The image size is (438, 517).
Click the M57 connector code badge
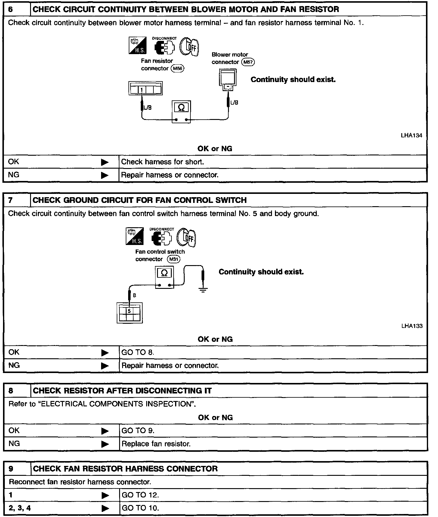pyautogui.click(x=248, y=62)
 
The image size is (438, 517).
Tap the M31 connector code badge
pyautogui.click(x=174, y=259)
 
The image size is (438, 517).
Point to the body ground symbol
pyautogui.click(x=203, y=290)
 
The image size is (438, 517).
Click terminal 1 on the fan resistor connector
pyautogui.click(x=141, y=89)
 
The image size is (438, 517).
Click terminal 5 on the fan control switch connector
pyautogui.click(x=129, y=311)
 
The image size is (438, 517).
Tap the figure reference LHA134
pyautogui.click(x=411, y=136)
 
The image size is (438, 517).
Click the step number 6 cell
pyautogui.click(x=17, y=9)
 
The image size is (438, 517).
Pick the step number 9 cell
pyautogui.click(x=17, y=469)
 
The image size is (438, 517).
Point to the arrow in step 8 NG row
pyautogui.click(x=105, y=444)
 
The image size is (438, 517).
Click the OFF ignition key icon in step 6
pyautogui.click(x=190, y=47)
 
